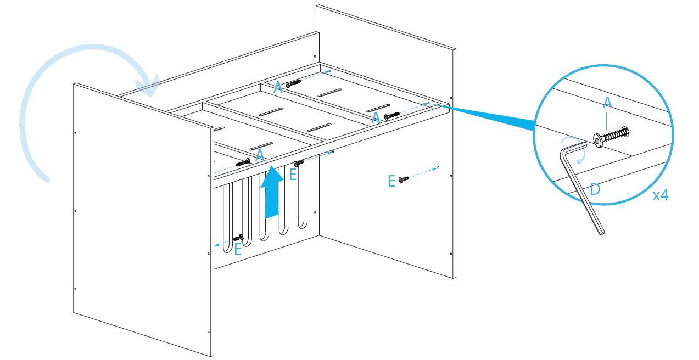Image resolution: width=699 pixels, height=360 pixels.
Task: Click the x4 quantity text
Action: [x=660, y=195]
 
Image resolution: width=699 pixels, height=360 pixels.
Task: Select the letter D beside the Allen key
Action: [x=594, y=189]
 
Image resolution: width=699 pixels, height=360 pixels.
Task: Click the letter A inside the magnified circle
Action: [x=607, y=102]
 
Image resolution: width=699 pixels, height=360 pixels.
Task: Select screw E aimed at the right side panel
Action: [x=404, y=179]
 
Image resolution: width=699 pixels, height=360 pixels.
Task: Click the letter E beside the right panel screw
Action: [x=392, y=182]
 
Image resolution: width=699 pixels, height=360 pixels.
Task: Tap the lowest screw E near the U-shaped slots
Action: [x=238, y=238]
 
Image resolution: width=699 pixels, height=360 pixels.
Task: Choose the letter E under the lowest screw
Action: [x=238, y=250]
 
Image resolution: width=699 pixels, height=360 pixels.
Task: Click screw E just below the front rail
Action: [x=299, y=163]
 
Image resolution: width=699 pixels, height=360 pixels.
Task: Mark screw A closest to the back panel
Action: [x=294, y=83]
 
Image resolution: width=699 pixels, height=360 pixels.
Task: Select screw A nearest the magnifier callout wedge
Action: [x=392, y=116]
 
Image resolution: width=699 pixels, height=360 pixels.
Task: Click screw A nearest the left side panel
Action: [x=243, y=162]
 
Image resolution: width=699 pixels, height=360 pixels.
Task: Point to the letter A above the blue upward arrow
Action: [x=260, y=156]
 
